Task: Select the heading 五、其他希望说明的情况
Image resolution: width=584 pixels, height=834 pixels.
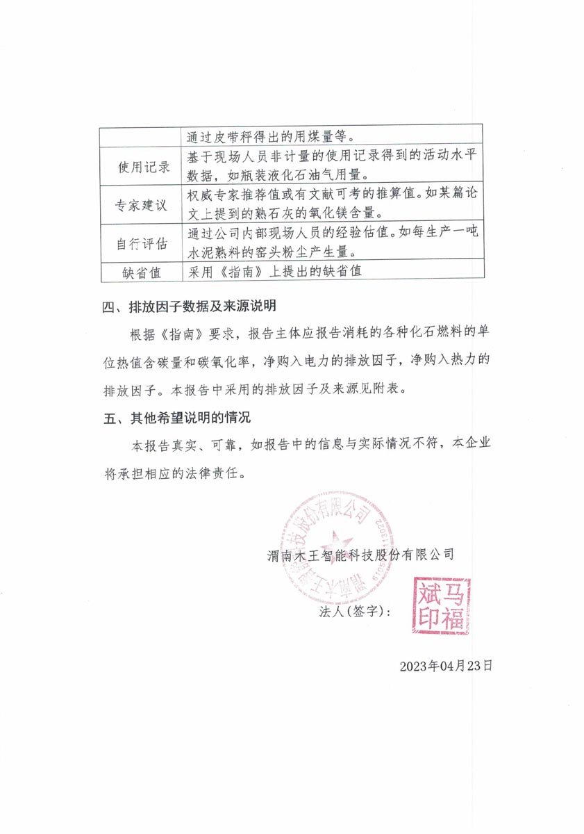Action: [x=176, y=418]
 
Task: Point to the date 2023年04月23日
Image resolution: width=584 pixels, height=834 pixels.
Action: [x=446, y=666]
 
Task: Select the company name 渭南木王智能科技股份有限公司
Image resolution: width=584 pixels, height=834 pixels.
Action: [x=361, y=555]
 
